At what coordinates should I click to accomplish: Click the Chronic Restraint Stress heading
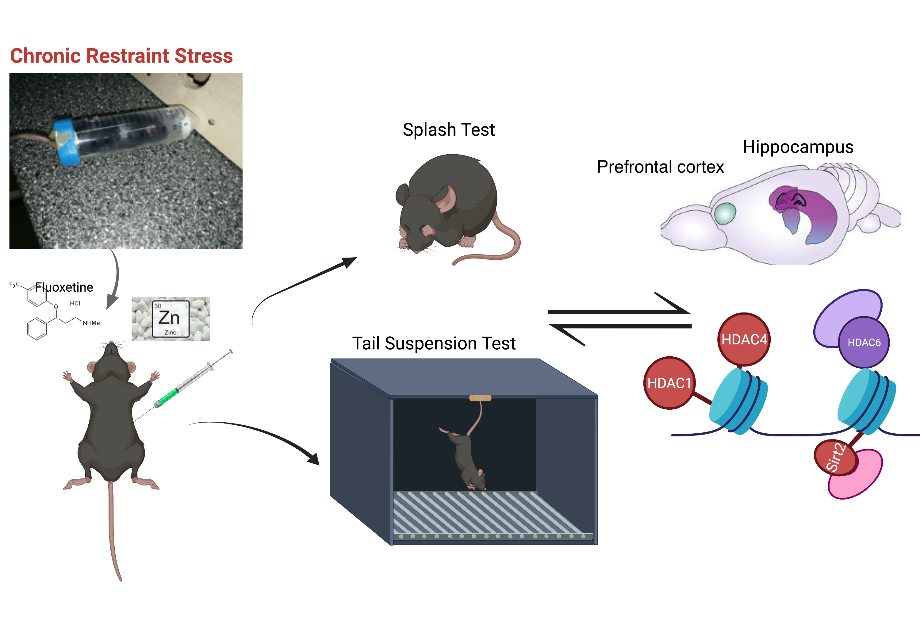pos(121,56)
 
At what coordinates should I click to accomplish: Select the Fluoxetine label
pos(64,287)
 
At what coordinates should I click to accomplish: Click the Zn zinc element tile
pos(170,319)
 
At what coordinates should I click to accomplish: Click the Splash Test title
pos(448,130)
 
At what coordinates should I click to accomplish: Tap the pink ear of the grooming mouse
pos(447,199)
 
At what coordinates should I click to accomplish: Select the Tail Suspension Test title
pos(434,343)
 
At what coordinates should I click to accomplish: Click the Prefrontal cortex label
pos(660,167)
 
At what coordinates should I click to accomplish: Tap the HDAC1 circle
pos(669,383)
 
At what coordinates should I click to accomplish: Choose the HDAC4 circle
pos(744,339)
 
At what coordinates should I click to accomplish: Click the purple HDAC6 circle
pos(864,343)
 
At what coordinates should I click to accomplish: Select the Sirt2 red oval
pos(835,457)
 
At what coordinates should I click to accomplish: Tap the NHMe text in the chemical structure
pos(91,323)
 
